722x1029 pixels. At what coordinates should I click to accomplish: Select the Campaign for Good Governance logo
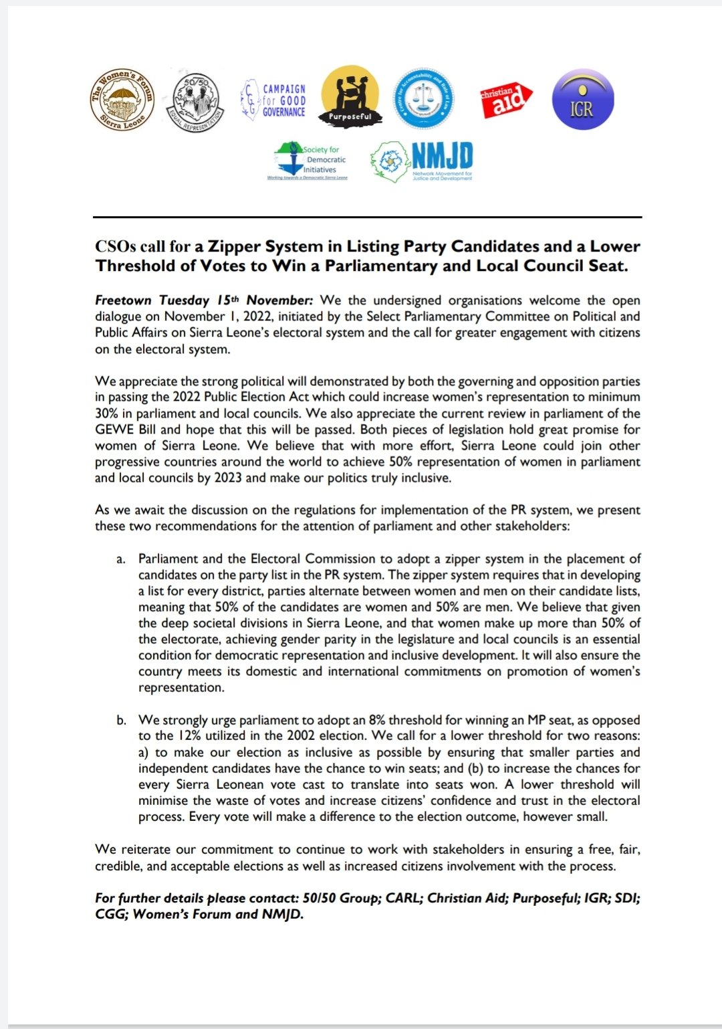tap(273, 100)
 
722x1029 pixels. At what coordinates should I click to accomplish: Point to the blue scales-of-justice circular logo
tap(423, 99)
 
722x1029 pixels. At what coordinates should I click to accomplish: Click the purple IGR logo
tap(582, 100)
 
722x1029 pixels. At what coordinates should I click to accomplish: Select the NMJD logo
tap(423, 162)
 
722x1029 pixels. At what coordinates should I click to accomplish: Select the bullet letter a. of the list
tap(120, 559)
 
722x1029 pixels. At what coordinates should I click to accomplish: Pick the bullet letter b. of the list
tap(121, 721)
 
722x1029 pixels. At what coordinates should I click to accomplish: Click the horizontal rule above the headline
tap(367, 217)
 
